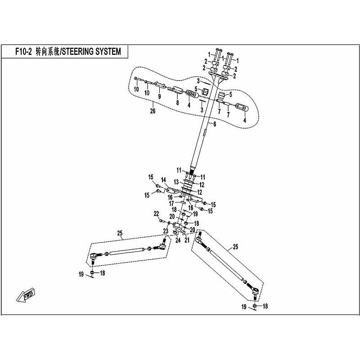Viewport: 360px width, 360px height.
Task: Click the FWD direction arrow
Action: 26,294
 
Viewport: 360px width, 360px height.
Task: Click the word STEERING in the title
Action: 77,52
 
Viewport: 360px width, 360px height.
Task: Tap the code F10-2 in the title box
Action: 23,52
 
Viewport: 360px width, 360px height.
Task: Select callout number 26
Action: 153,111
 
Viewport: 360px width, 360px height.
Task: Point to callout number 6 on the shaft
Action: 215,124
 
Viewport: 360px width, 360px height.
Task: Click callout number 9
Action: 159,96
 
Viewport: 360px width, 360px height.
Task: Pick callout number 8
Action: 177,103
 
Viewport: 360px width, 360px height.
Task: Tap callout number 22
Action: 156,214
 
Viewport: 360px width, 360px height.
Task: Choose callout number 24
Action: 178,240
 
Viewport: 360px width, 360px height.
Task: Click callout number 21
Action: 187,240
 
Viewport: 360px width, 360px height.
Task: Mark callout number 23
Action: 166,231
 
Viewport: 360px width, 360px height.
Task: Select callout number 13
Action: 176,182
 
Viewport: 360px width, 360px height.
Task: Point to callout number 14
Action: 163,180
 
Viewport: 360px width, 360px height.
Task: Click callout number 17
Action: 171,204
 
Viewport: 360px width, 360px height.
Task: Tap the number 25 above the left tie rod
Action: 120,233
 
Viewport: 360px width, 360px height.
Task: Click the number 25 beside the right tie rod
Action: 235,247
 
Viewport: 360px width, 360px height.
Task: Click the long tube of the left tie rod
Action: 127,251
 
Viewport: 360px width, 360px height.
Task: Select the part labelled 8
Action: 177,90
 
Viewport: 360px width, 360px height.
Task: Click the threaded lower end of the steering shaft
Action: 192,171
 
